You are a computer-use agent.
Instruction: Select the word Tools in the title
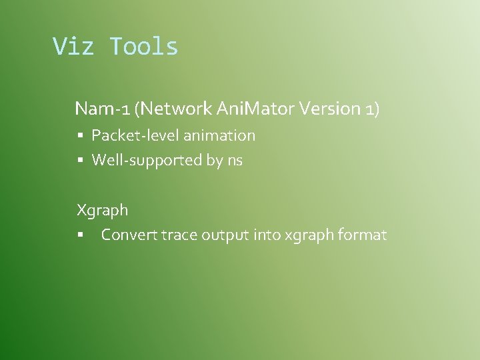(x=144, y=46)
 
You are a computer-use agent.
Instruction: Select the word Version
(x=329, y=108)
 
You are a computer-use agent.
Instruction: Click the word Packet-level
(x=135, y=135)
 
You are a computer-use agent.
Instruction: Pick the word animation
(x=219, y=135)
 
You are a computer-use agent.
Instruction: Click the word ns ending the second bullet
(x=235, y=160)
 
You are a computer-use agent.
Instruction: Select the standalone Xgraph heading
(x=102, y=211)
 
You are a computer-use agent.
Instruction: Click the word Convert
(x=130, y=235)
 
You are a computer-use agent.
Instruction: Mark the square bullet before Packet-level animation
(x=79, y=136)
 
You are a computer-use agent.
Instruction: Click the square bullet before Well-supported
(x=79, y=161)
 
